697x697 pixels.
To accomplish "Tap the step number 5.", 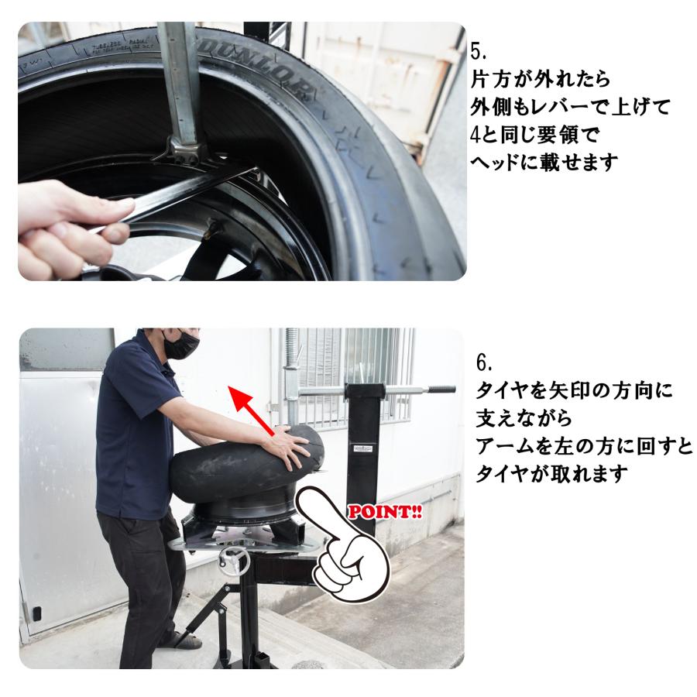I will coord(479,52).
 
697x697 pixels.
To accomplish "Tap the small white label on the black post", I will coord(362,448).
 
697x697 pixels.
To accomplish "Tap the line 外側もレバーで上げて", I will coord(569,108).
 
